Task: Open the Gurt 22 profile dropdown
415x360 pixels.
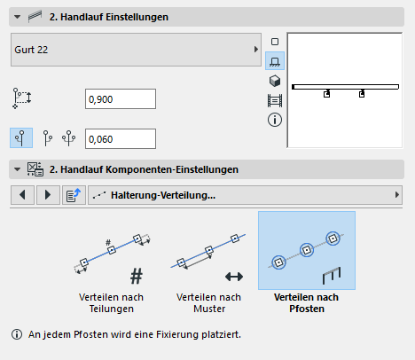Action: point(136,50)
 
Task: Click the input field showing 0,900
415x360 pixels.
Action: point(121,99)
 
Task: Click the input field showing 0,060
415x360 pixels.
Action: point(121,138)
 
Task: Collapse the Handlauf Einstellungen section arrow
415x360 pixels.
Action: point(18,17)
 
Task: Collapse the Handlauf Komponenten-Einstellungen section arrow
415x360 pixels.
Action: point(18,169)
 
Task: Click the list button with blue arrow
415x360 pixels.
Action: point(74,195)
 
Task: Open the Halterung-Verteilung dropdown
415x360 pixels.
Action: point(245,195)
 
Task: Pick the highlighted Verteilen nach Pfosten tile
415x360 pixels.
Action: point(307,250)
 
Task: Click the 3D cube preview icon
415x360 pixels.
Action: point(275,81)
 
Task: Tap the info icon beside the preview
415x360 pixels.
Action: point(275,120)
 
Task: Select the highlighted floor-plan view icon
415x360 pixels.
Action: point(275,61)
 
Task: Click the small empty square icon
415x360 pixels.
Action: point(275,42)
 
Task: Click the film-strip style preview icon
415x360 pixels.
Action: point(275,100)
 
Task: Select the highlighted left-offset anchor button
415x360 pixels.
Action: point(21,138)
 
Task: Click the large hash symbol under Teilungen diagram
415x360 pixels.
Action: point(137,276)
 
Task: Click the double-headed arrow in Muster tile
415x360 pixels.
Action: point(234,277)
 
